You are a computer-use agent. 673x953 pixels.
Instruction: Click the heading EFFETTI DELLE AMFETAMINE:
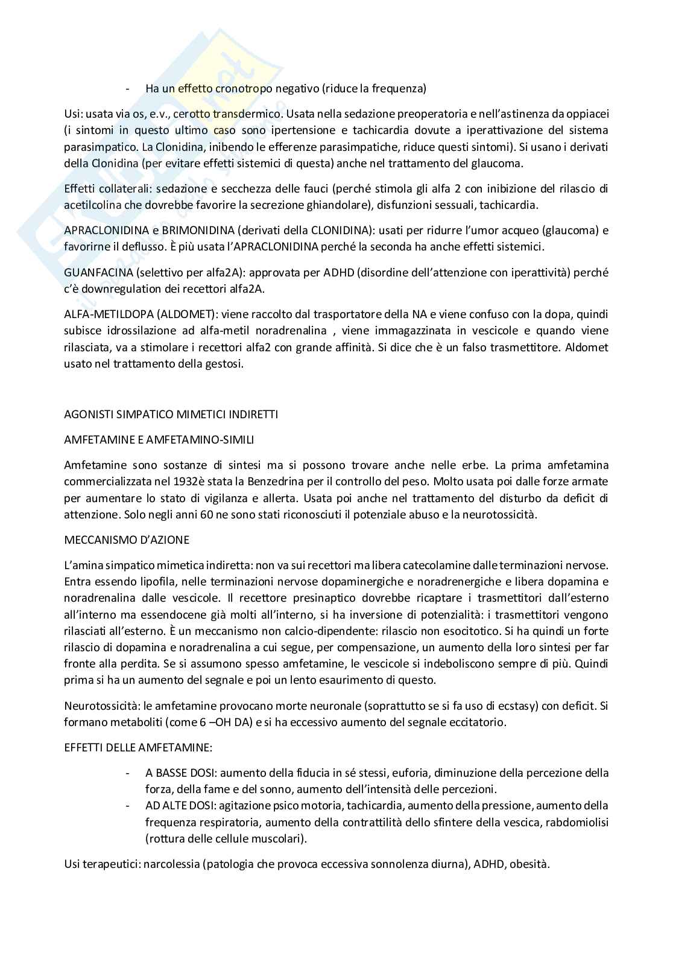tap(138, 748)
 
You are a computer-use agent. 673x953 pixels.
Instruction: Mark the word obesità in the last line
tap(528, 864)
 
